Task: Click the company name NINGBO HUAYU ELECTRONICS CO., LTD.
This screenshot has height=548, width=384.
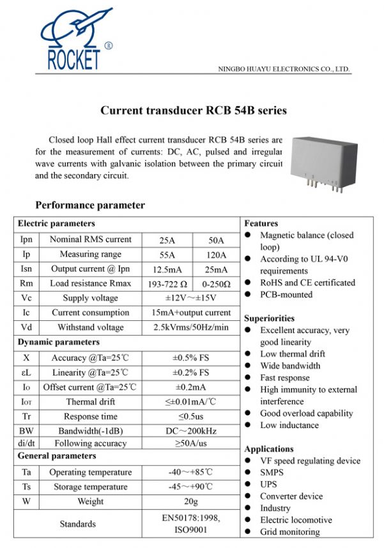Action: coord(284,69)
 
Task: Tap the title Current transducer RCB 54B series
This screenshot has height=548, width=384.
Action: coord(194,110)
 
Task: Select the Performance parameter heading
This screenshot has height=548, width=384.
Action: coord(90,205)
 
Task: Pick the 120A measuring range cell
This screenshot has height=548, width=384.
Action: coord(216,255)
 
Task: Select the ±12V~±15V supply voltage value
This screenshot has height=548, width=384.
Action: coord(191,298)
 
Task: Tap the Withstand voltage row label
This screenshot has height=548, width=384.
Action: coord(91,327)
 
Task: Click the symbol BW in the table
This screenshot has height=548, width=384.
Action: coord(26,431)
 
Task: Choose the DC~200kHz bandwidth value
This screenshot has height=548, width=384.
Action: coord(191,431)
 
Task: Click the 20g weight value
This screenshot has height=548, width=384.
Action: coord(191,501)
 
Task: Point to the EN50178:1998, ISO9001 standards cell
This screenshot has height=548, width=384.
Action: coord(191,524)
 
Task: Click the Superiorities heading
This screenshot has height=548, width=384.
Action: coord(269,318)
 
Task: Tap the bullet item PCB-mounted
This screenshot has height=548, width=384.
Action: coord(286,295)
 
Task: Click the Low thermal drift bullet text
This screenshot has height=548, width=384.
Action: coord(292,354)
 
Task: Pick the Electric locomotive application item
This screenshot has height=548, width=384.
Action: coord(296,520)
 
